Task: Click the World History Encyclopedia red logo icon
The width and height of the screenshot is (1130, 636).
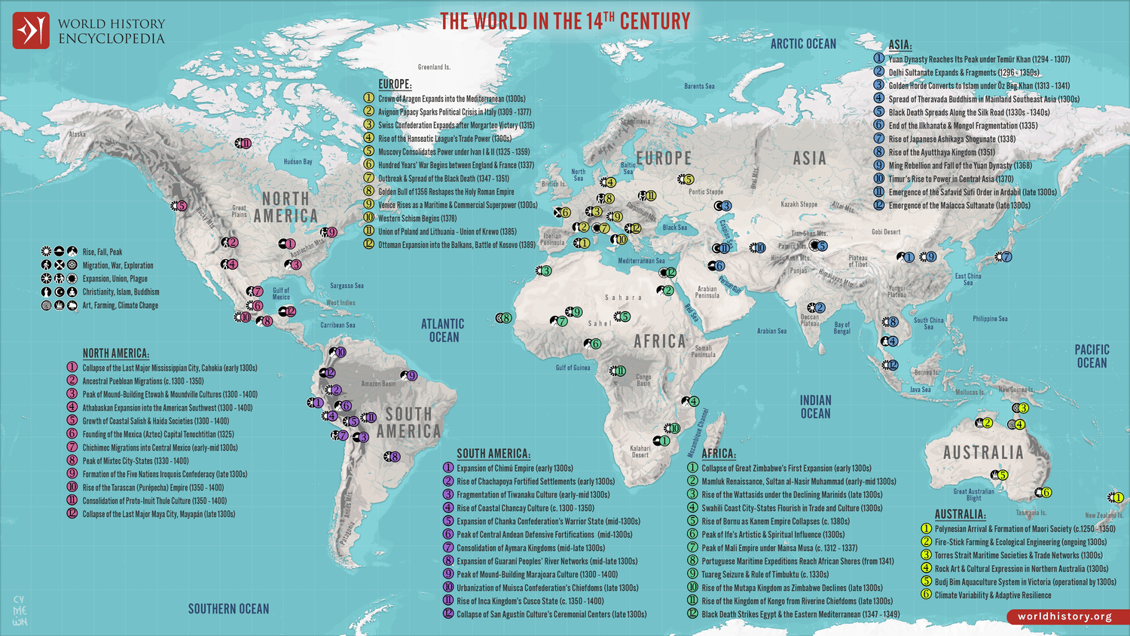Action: point(31,31)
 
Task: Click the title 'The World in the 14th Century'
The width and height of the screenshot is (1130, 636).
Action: point(565,21)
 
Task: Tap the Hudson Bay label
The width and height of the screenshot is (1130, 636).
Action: point(298,162)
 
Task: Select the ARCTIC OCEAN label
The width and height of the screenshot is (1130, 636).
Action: point(803,44)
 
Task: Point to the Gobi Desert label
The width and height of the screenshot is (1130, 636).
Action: point(886,232)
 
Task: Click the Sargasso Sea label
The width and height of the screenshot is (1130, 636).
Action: point(347,286)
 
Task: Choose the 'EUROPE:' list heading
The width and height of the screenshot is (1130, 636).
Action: point(395,84)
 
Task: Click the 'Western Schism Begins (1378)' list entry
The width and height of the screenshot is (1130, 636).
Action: point(417,219)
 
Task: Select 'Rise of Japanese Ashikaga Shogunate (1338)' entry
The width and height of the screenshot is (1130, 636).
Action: point(951,139)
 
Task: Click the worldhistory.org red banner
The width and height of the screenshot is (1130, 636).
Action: point(1064,616)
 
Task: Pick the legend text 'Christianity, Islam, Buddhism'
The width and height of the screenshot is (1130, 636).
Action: point(121,292)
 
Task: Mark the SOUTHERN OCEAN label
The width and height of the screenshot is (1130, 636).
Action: point(228,609)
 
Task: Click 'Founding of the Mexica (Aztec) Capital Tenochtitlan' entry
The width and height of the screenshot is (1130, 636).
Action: point(157,434)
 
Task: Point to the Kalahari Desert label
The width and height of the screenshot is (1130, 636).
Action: point(640,451)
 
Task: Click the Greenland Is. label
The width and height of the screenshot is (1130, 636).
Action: point(434,67)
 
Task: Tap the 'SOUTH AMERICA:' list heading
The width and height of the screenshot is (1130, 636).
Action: point(493,454)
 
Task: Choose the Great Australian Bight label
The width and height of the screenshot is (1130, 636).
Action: point(973,494)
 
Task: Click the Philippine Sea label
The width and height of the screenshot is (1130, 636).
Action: point(989,319)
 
